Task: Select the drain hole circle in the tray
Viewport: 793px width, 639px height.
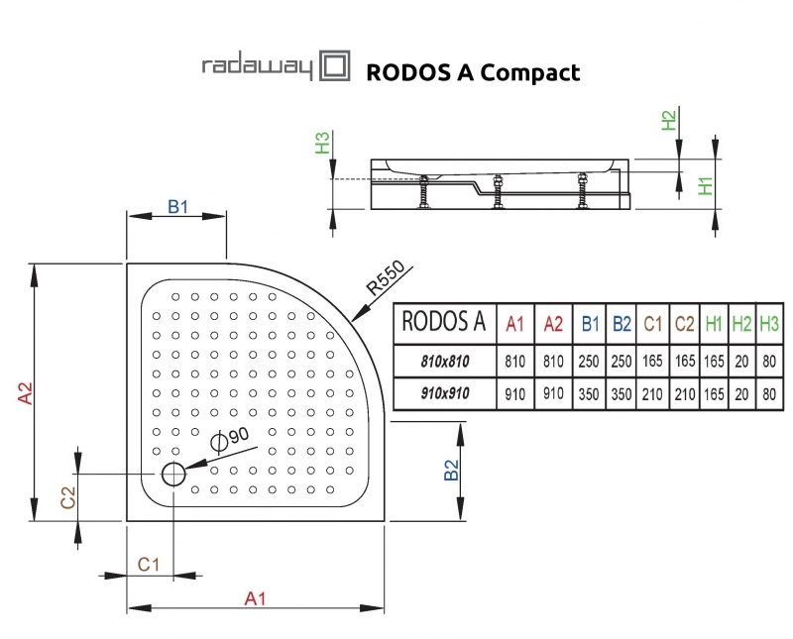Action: point(172,474)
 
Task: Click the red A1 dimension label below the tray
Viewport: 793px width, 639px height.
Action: point(256,596)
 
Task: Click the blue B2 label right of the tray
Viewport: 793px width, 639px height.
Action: point(451,470)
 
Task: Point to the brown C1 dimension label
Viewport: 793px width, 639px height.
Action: point(149,565)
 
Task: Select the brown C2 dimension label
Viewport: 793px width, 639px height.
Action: point(68,498)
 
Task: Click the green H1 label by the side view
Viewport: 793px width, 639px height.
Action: point(706,185)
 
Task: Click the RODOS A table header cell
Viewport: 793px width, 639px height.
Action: point(444,322)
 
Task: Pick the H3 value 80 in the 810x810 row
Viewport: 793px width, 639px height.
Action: point(769,361)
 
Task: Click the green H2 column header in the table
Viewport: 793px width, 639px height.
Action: point(740,322)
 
